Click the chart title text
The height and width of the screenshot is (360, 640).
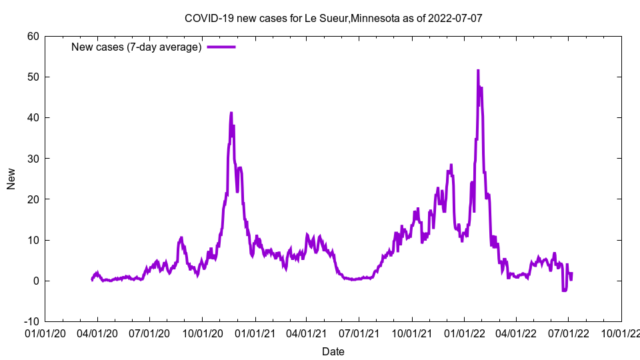(x=333, y=18)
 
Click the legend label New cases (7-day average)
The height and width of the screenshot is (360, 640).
(x=136, y=47)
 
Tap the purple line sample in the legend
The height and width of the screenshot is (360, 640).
(x=221, y=47)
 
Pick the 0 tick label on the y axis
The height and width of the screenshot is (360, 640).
(x=36, y=281)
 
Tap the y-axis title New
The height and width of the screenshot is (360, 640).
(x=11, y=179)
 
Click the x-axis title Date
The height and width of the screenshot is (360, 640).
(x=333, y=351)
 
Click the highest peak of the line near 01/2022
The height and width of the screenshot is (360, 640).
(x=478, y=70)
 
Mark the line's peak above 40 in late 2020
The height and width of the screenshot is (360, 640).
(x=231, y=113)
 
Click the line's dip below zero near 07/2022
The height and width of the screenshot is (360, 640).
(x=564, y=291)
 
